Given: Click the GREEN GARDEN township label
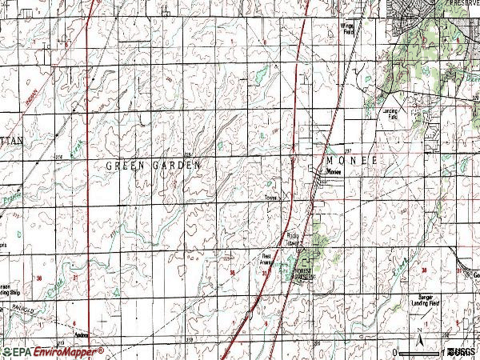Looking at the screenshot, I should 152,164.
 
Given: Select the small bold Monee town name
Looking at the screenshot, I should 333,172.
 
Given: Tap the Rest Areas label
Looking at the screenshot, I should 266,260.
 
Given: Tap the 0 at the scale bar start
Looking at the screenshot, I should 396,352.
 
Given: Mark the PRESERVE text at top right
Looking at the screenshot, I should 463,3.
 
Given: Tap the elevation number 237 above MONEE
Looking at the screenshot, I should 348,150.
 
